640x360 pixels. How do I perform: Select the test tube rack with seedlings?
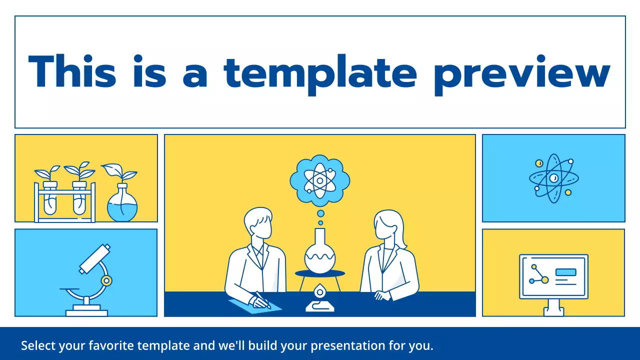click(64, 197)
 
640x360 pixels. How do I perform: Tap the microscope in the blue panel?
click(90, 280)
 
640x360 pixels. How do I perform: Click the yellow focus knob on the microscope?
click(105, 280)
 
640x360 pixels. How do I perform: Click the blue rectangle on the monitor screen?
click(565, 272)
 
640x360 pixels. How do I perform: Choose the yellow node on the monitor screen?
click(545, 280)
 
